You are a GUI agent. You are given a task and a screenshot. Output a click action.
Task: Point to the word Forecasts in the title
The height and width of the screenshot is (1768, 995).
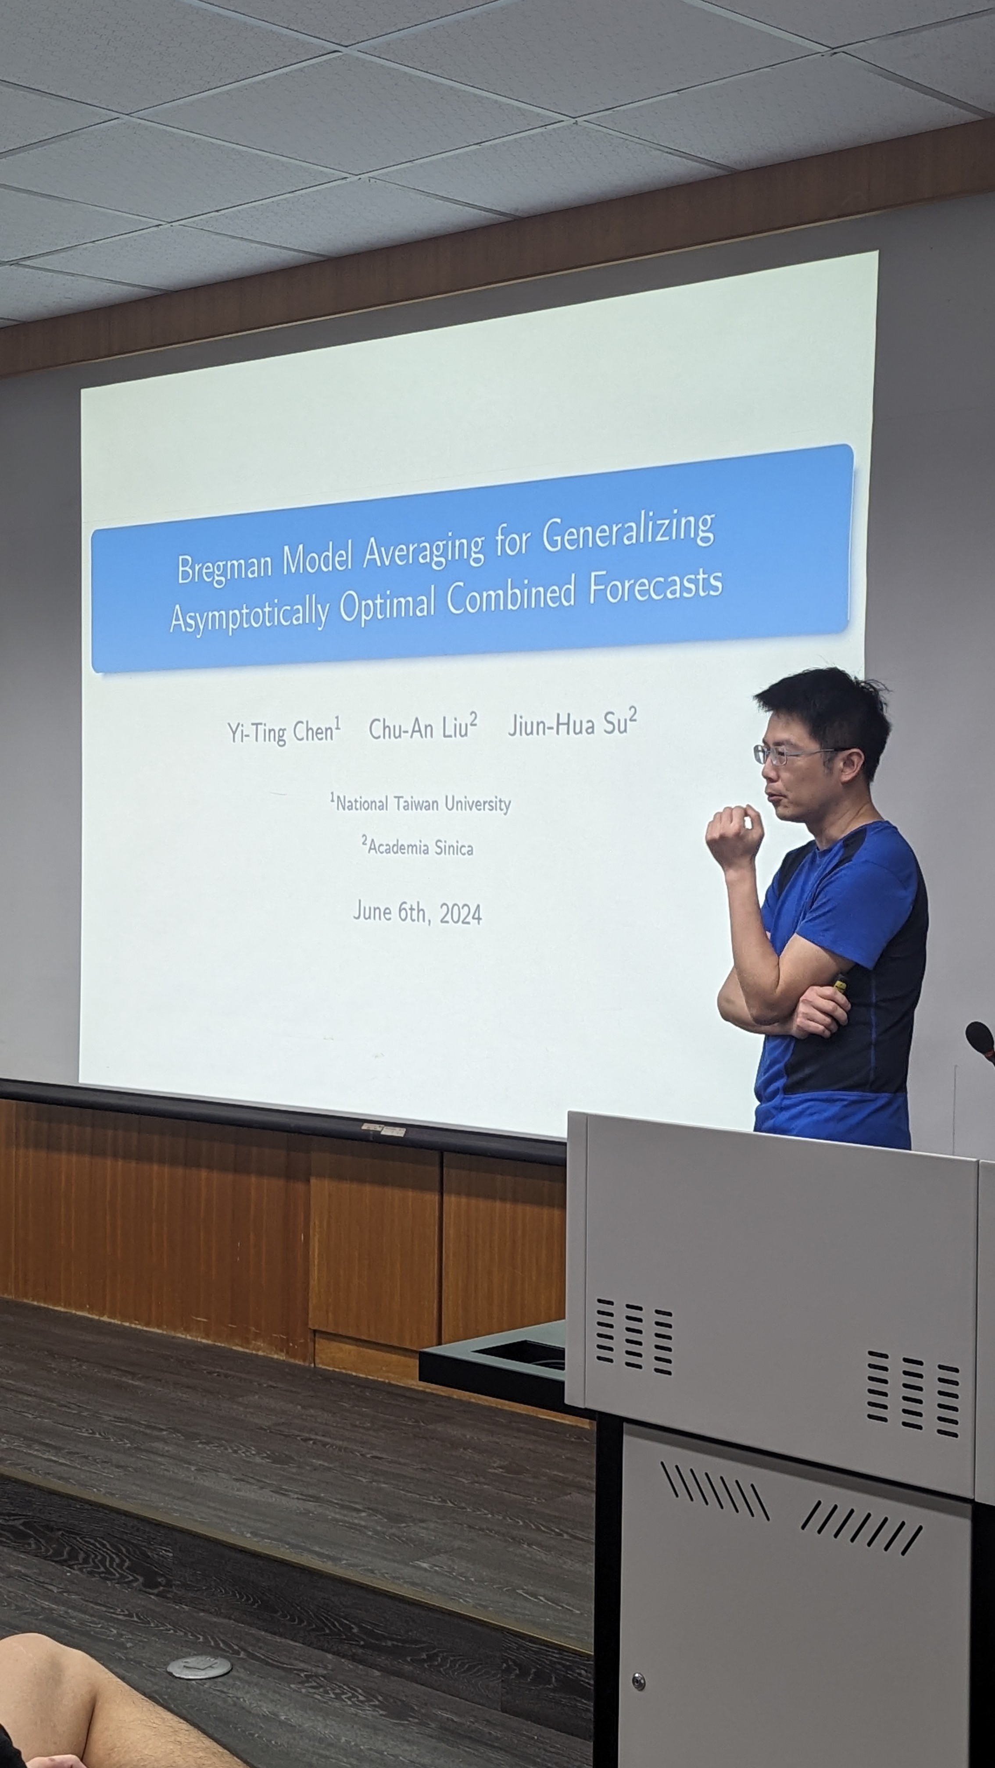(x=655, y=586)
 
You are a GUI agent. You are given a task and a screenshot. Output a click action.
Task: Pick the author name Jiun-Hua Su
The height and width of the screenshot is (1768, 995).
(x=573, y=723)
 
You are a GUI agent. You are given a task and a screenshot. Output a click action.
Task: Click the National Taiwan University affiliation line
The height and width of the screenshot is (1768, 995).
(x=420, y=803)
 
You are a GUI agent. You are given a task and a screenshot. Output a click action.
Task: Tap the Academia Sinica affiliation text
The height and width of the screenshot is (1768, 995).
(x=418, y=846)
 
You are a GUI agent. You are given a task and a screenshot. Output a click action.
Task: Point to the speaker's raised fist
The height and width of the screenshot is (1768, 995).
(x=734, y=835)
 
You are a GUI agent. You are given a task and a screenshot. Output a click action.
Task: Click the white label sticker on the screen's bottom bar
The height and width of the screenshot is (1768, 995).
(x=383, y=1130)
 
